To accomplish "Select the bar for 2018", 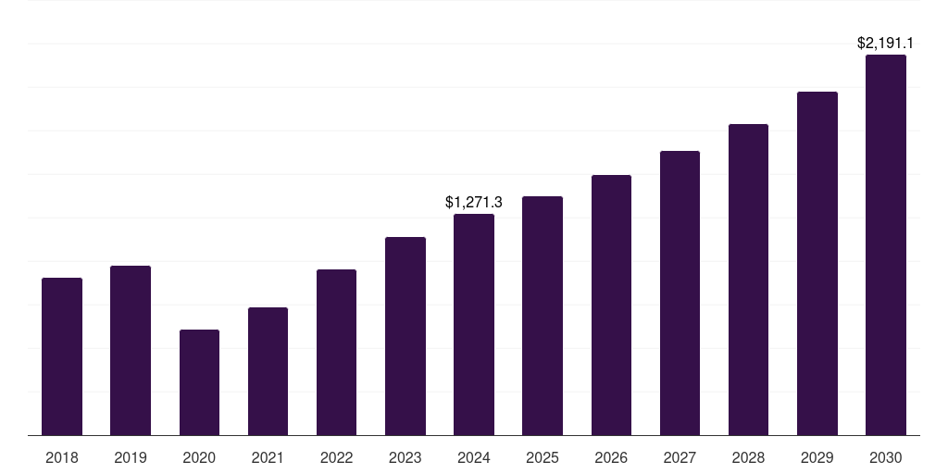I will (x=62, y=356).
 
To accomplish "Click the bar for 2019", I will (x=131, y=350).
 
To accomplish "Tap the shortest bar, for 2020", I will (x=199, y=382).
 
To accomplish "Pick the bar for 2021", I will (x=268, y=371).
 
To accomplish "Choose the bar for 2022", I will (x=336, y=352).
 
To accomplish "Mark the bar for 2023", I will (x=405, y=336).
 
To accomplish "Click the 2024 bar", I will (x=474, y=324).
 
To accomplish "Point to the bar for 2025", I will (x=543, y=316).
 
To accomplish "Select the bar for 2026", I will (x=611, y=305).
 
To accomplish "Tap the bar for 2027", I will (x=680, y=293).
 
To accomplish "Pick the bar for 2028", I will (x=748, y=280).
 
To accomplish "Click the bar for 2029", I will (x=817, y=263).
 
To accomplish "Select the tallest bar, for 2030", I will (x=886, y=244).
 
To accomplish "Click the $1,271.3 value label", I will (x=474, y=202).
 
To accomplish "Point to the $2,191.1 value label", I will (x=885, y=43).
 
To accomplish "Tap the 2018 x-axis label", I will (x=62, y=457).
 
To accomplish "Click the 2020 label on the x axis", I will (x=199, y=457).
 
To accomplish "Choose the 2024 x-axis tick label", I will (x=474, y=457).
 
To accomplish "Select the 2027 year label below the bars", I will (x=680, y=457).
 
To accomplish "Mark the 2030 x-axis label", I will (x=886, y=457).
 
